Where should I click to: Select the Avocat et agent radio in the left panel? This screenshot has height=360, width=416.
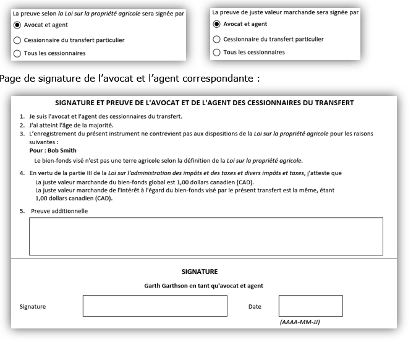(17, 25)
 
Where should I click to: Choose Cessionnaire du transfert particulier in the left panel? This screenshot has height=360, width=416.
(17, 40)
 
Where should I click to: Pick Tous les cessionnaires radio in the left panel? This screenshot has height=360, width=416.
(17, 53)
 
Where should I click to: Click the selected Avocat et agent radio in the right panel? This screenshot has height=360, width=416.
(216, 24)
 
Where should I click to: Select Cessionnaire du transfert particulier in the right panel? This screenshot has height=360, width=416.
(216, 39)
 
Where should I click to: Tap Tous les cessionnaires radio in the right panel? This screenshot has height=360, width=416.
(216, 53)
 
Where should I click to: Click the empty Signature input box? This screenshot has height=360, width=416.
(155, 306)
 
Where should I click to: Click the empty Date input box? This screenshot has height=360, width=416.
(310, 306)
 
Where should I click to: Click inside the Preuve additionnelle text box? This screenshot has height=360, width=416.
(206, 236)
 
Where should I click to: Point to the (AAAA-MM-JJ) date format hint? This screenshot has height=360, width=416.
(300, 322)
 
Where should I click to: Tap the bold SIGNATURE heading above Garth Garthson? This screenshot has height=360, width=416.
(200, 272)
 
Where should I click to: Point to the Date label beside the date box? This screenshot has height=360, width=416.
(255, 306)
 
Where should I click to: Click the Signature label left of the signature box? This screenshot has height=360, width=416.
(33, 306)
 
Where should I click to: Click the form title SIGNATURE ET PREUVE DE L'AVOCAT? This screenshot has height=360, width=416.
(205, 103)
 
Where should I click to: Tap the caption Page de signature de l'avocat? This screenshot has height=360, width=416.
(130, 79)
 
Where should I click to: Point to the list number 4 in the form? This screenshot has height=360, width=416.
(22, 173)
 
